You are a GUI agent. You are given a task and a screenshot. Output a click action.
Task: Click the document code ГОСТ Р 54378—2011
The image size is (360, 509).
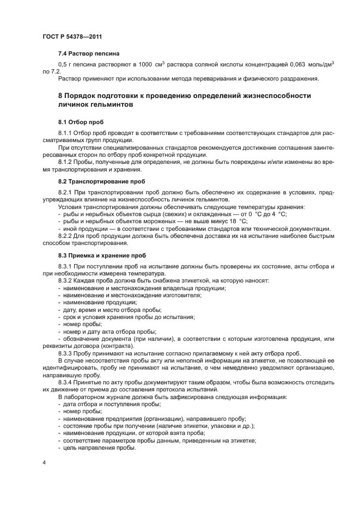pos(72,36)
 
